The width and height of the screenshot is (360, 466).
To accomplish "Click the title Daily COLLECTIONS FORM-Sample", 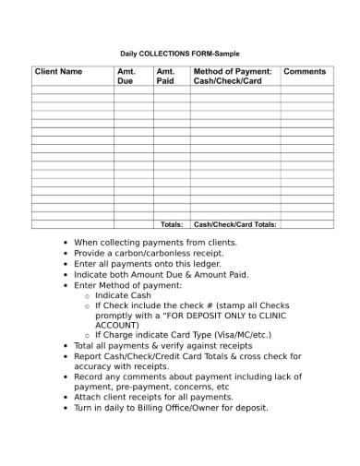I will [180, 54].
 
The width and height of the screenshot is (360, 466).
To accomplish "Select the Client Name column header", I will [58, 71].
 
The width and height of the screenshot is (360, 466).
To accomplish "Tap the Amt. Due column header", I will [126, 76].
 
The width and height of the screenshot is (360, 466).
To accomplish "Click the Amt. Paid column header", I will [165, 76].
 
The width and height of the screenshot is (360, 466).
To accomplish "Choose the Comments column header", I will [305, 71].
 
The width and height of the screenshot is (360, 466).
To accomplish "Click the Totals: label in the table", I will [172, 224].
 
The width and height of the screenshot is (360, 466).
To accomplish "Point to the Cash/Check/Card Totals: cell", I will [235, 224].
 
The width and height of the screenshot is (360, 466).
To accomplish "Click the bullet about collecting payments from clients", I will [155, 243].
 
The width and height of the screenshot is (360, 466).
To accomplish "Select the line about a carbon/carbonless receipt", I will [149, 253].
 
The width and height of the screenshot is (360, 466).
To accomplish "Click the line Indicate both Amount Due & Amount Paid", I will [162, 274].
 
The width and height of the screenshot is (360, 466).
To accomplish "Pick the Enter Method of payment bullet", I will [128, 285].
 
